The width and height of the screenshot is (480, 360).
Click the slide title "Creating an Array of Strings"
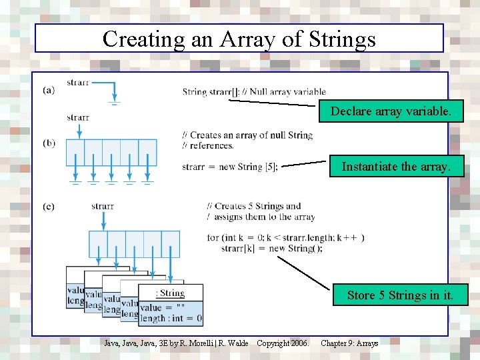click(x=239, y=39)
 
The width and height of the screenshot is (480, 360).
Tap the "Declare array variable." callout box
click(x=396, y=112)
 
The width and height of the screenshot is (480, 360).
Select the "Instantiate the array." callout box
click(x=396, y=167)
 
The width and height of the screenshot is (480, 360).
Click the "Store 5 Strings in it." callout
click(x=399, y=295)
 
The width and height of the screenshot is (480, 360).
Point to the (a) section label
click(x=48, y=90)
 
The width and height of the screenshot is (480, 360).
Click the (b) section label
click(x=48, y=143)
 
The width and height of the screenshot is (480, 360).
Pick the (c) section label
click(x=48, y=206)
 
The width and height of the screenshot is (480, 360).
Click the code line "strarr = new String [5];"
click(x=230, y=167)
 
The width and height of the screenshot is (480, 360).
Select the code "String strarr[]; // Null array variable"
click(x=254, y=92)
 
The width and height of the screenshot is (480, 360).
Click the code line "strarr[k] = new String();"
click(x=272, y=249)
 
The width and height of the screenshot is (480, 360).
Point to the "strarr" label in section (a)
click(x=78, y=83)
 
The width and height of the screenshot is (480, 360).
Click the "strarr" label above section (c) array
click(x=103, y=206)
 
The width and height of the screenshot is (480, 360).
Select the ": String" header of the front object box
click(x=170, y=293)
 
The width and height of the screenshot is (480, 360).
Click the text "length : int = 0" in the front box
click(x=171, y=319)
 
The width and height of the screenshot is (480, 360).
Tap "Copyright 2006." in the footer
click(x=283, y=343)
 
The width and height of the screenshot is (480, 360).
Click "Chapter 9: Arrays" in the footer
click(x=349, y=343)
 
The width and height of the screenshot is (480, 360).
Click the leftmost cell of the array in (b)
click(x=75, y=152)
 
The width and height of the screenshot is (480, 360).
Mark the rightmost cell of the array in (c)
click(x=171, y=244)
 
